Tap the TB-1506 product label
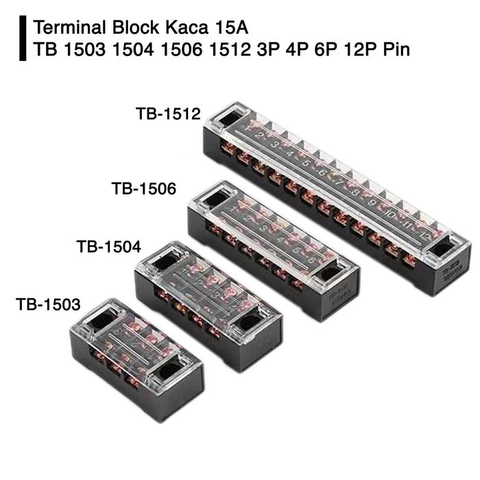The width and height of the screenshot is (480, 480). [x=144, y=187]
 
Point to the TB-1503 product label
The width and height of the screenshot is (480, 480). [x=49, y=302]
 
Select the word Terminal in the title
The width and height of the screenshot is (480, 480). [x=67, y=29]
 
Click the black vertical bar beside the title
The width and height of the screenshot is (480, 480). [x=25, y=40]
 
